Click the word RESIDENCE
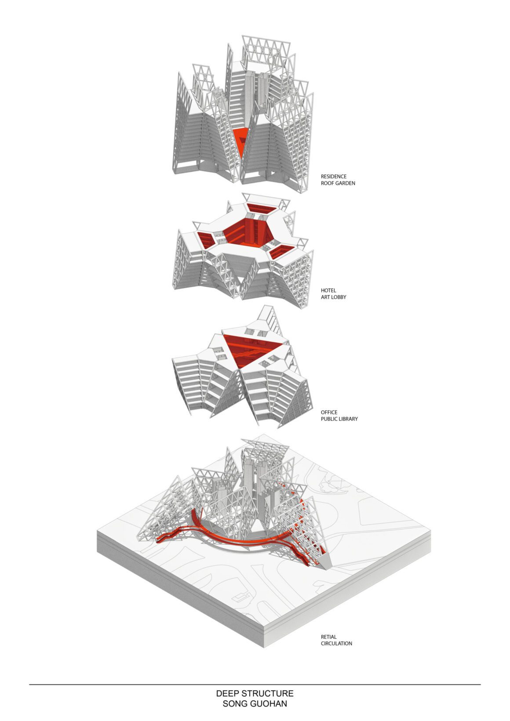tap(333, 176)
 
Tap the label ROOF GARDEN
tap(338, 183)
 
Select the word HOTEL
tap(328, 290)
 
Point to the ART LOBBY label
tap(333, 297)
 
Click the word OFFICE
tap(329, 412)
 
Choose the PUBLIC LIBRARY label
tap(339, 419)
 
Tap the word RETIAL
tap(328, 637)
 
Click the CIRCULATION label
tap(336, 644)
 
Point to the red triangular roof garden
tap(241, 140)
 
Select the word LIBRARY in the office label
tap(348, 419)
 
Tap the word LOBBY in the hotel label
tap(338, 297)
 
